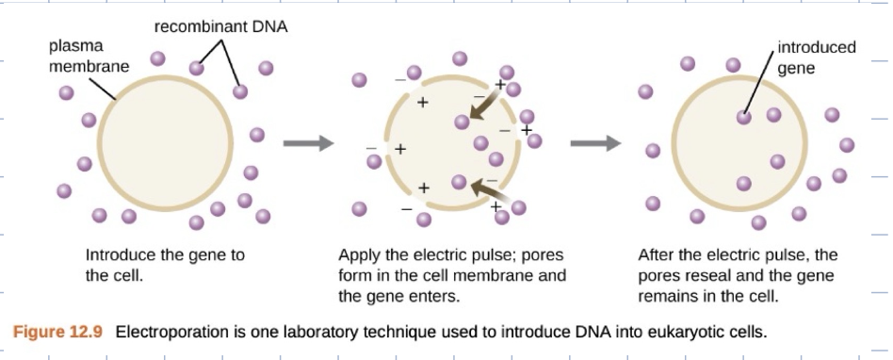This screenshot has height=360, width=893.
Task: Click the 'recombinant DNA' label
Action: click(220, 26)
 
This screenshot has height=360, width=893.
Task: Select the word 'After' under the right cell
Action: click(657, 255)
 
